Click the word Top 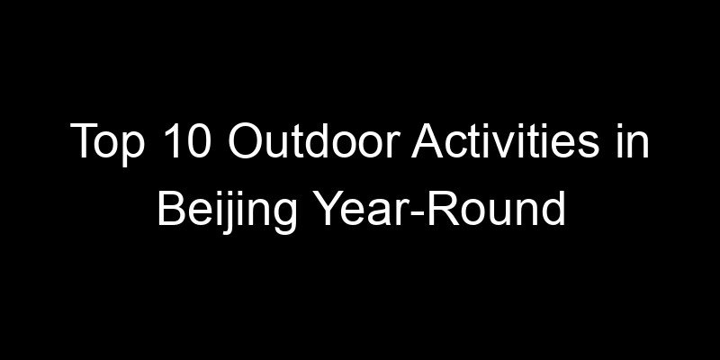click(x=100, y=145)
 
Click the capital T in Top click(x=82, y=145)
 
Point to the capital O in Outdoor click(x=240, y=145)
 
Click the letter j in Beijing click(x=223, y=211)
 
